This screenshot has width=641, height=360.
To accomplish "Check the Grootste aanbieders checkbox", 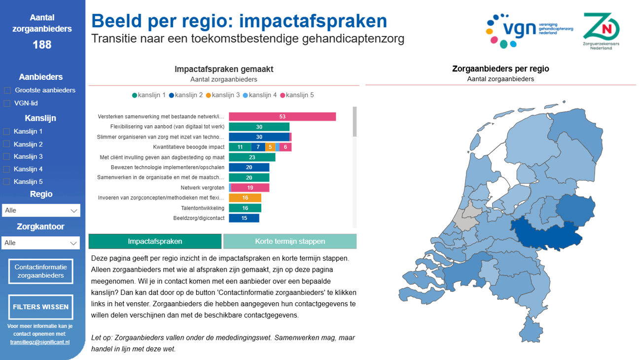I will (7, 90).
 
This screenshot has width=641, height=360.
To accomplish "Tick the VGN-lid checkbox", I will (7, 104).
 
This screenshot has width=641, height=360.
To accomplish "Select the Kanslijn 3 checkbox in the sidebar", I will (6, 157).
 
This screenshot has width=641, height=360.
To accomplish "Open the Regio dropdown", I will (41, 211).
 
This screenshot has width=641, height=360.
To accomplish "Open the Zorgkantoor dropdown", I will (41, 243).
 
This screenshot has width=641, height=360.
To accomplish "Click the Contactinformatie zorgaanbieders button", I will (41, 271).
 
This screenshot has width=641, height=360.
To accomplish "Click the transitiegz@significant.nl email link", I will (40, 342).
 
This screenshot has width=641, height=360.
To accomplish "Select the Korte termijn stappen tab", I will (290, 242).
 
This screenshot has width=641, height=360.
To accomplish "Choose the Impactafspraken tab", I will (155, 242).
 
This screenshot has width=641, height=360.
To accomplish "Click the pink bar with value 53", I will (282, 117).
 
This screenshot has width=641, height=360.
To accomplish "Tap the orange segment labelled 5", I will (270, 147).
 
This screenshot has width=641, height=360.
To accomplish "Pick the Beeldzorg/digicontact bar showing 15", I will (244, 218).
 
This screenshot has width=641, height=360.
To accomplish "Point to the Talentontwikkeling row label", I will (202, 208).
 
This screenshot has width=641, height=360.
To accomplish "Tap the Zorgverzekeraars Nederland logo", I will (601, 31).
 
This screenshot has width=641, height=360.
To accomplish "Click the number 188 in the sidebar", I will (42, 45).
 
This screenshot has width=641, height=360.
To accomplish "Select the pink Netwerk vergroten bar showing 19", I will (250, 187).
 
